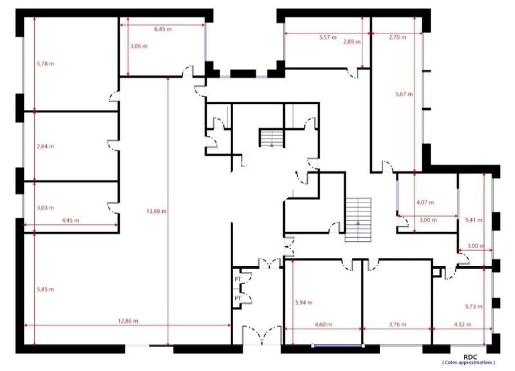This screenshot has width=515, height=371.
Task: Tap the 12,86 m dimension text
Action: pos(127,320)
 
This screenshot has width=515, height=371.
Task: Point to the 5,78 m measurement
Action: pos(45,63)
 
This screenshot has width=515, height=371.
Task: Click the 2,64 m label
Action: pos(45,147)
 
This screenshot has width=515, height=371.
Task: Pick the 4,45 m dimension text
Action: pos(70,221)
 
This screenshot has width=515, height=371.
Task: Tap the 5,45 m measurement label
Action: pos(45,289)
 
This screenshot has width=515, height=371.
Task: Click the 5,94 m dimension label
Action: pos(303,302)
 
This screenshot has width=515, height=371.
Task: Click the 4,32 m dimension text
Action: pos(462,324)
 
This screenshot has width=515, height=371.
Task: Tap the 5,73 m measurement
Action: pos(473,307)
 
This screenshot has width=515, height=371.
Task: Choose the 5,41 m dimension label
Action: pos(473,221)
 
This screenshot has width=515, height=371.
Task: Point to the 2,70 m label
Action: pos(398,37)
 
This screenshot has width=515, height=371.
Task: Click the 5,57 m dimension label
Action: pos(328,37)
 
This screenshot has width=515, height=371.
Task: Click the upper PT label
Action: pos(238,280)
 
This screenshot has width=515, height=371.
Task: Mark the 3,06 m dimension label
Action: pos(138,46)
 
